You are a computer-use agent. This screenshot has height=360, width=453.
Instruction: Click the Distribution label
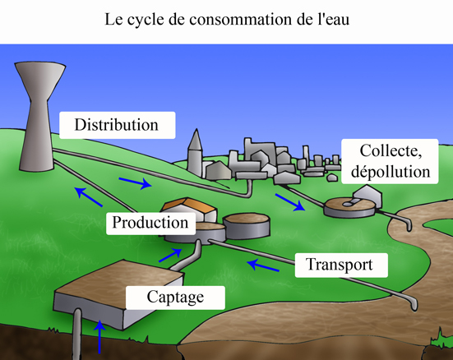click(117, 125)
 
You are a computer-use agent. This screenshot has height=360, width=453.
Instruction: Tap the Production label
click(150, 223)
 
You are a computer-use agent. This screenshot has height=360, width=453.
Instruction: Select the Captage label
click(175, 298)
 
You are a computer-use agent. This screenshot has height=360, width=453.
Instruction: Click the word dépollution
click(391, 172)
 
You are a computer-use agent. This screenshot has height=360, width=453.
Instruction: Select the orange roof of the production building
click(189, 205)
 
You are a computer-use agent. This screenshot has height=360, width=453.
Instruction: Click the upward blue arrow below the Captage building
click(99, 337)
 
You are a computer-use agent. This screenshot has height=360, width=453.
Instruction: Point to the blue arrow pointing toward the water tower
click(88, 196)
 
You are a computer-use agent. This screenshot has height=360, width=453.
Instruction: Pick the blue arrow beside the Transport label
click(263, 265)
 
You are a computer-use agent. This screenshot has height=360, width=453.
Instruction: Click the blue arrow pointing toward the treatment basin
click(290, 202)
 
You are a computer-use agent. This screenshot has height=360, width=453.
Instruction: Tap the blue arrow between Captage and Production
click(170, 255)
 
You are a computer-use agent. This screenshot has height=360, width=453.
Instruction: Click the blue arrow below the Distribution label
click(135, 183)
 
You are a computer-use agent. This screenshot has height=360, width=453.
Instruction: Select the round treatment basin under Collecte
click(349, 207)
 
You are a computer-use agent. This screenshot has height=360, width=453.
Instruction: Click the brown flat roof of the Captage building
click(118, 284)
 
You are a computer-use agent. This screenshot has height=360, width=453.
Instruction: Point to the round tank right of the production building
click(247, 226)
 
